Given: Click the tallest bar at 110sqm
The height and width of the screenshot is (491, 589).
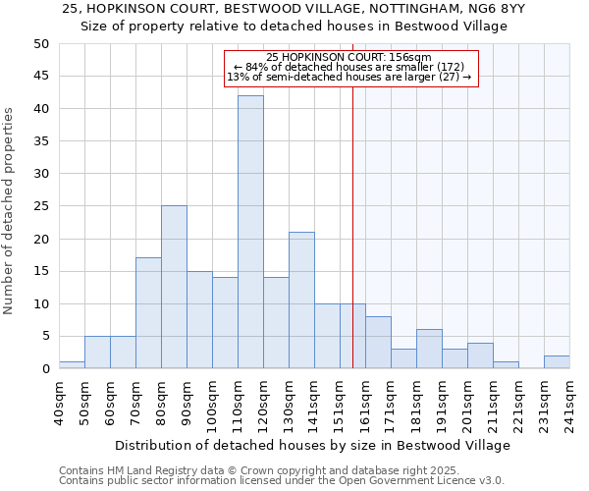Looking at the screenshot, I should coord(250,232).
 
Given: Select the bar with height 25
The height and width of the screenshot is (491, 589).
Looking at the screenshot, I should coord(174,287).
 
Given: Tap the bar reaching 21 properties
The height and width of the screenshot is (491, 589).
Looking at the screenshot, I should coord(301,300).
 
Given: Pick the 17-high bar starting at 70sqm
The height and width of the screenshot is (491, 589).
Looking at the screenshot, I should coord(148,313).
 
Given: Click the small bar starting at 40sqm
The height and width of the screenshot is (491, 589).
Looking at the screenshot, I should coord(72,365).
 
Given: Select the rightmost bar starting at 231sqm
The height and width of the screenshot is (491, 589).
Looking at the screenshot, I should coord(557,362).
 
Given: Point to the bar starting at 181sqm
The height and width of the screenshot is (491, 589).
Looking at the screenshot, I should coord(429,350).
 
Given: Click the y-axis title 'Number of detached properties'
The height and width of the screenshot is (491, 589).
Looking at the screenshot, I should coord(10,211).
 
